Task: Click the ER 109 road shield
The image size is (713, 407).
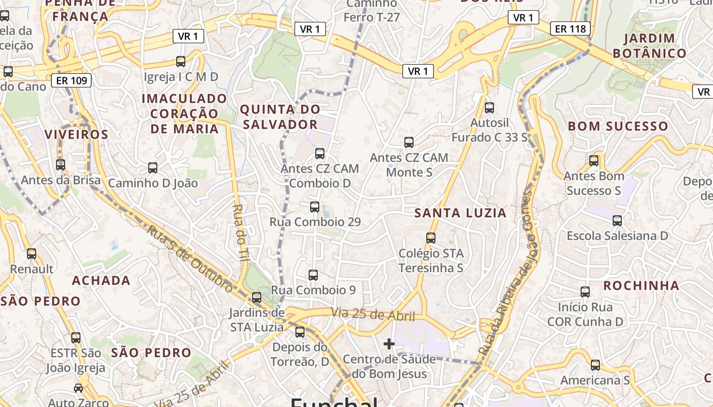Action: point(71,80)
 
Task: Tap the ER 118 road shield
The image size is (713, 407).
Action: point(570,28)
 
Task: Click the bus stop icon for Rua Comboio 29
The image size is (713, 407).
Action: point(315,207)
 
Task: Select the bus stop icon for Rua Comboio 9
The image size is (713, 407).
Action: point(313,275)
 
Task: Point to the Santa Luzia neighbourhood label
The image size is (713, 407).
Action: point(460,213)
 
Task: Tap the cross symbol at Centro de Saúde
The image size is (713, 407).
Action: point(389,344)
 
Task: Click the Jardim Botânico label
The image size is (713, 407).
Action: point(649,46)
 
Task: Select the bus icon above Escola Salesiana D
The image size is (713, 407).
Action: point(617,220)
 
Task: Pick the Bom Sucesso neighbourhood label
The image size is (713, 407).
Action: point(618,126)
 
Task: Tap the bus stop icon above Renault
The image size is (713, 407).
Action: point(32,253)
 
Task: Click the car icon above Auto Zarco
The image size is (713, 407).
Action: point(78,388)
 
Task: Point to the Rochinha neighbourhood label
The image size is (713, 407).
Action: point(641,286)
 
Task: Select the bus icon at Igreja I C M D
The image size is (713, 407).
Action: point(181,62)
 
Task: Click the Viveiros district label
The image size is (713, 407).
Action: point(76,135)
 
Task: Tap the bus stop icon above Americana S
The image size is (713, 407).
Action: point(595,365)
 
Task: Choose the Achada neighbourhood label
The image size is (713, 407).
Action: point(101,280)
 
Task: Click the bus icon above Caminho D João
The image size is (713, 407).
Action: point(152,167)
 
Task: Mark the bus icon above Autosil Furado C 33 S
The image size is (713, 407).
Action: point(489,108)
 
